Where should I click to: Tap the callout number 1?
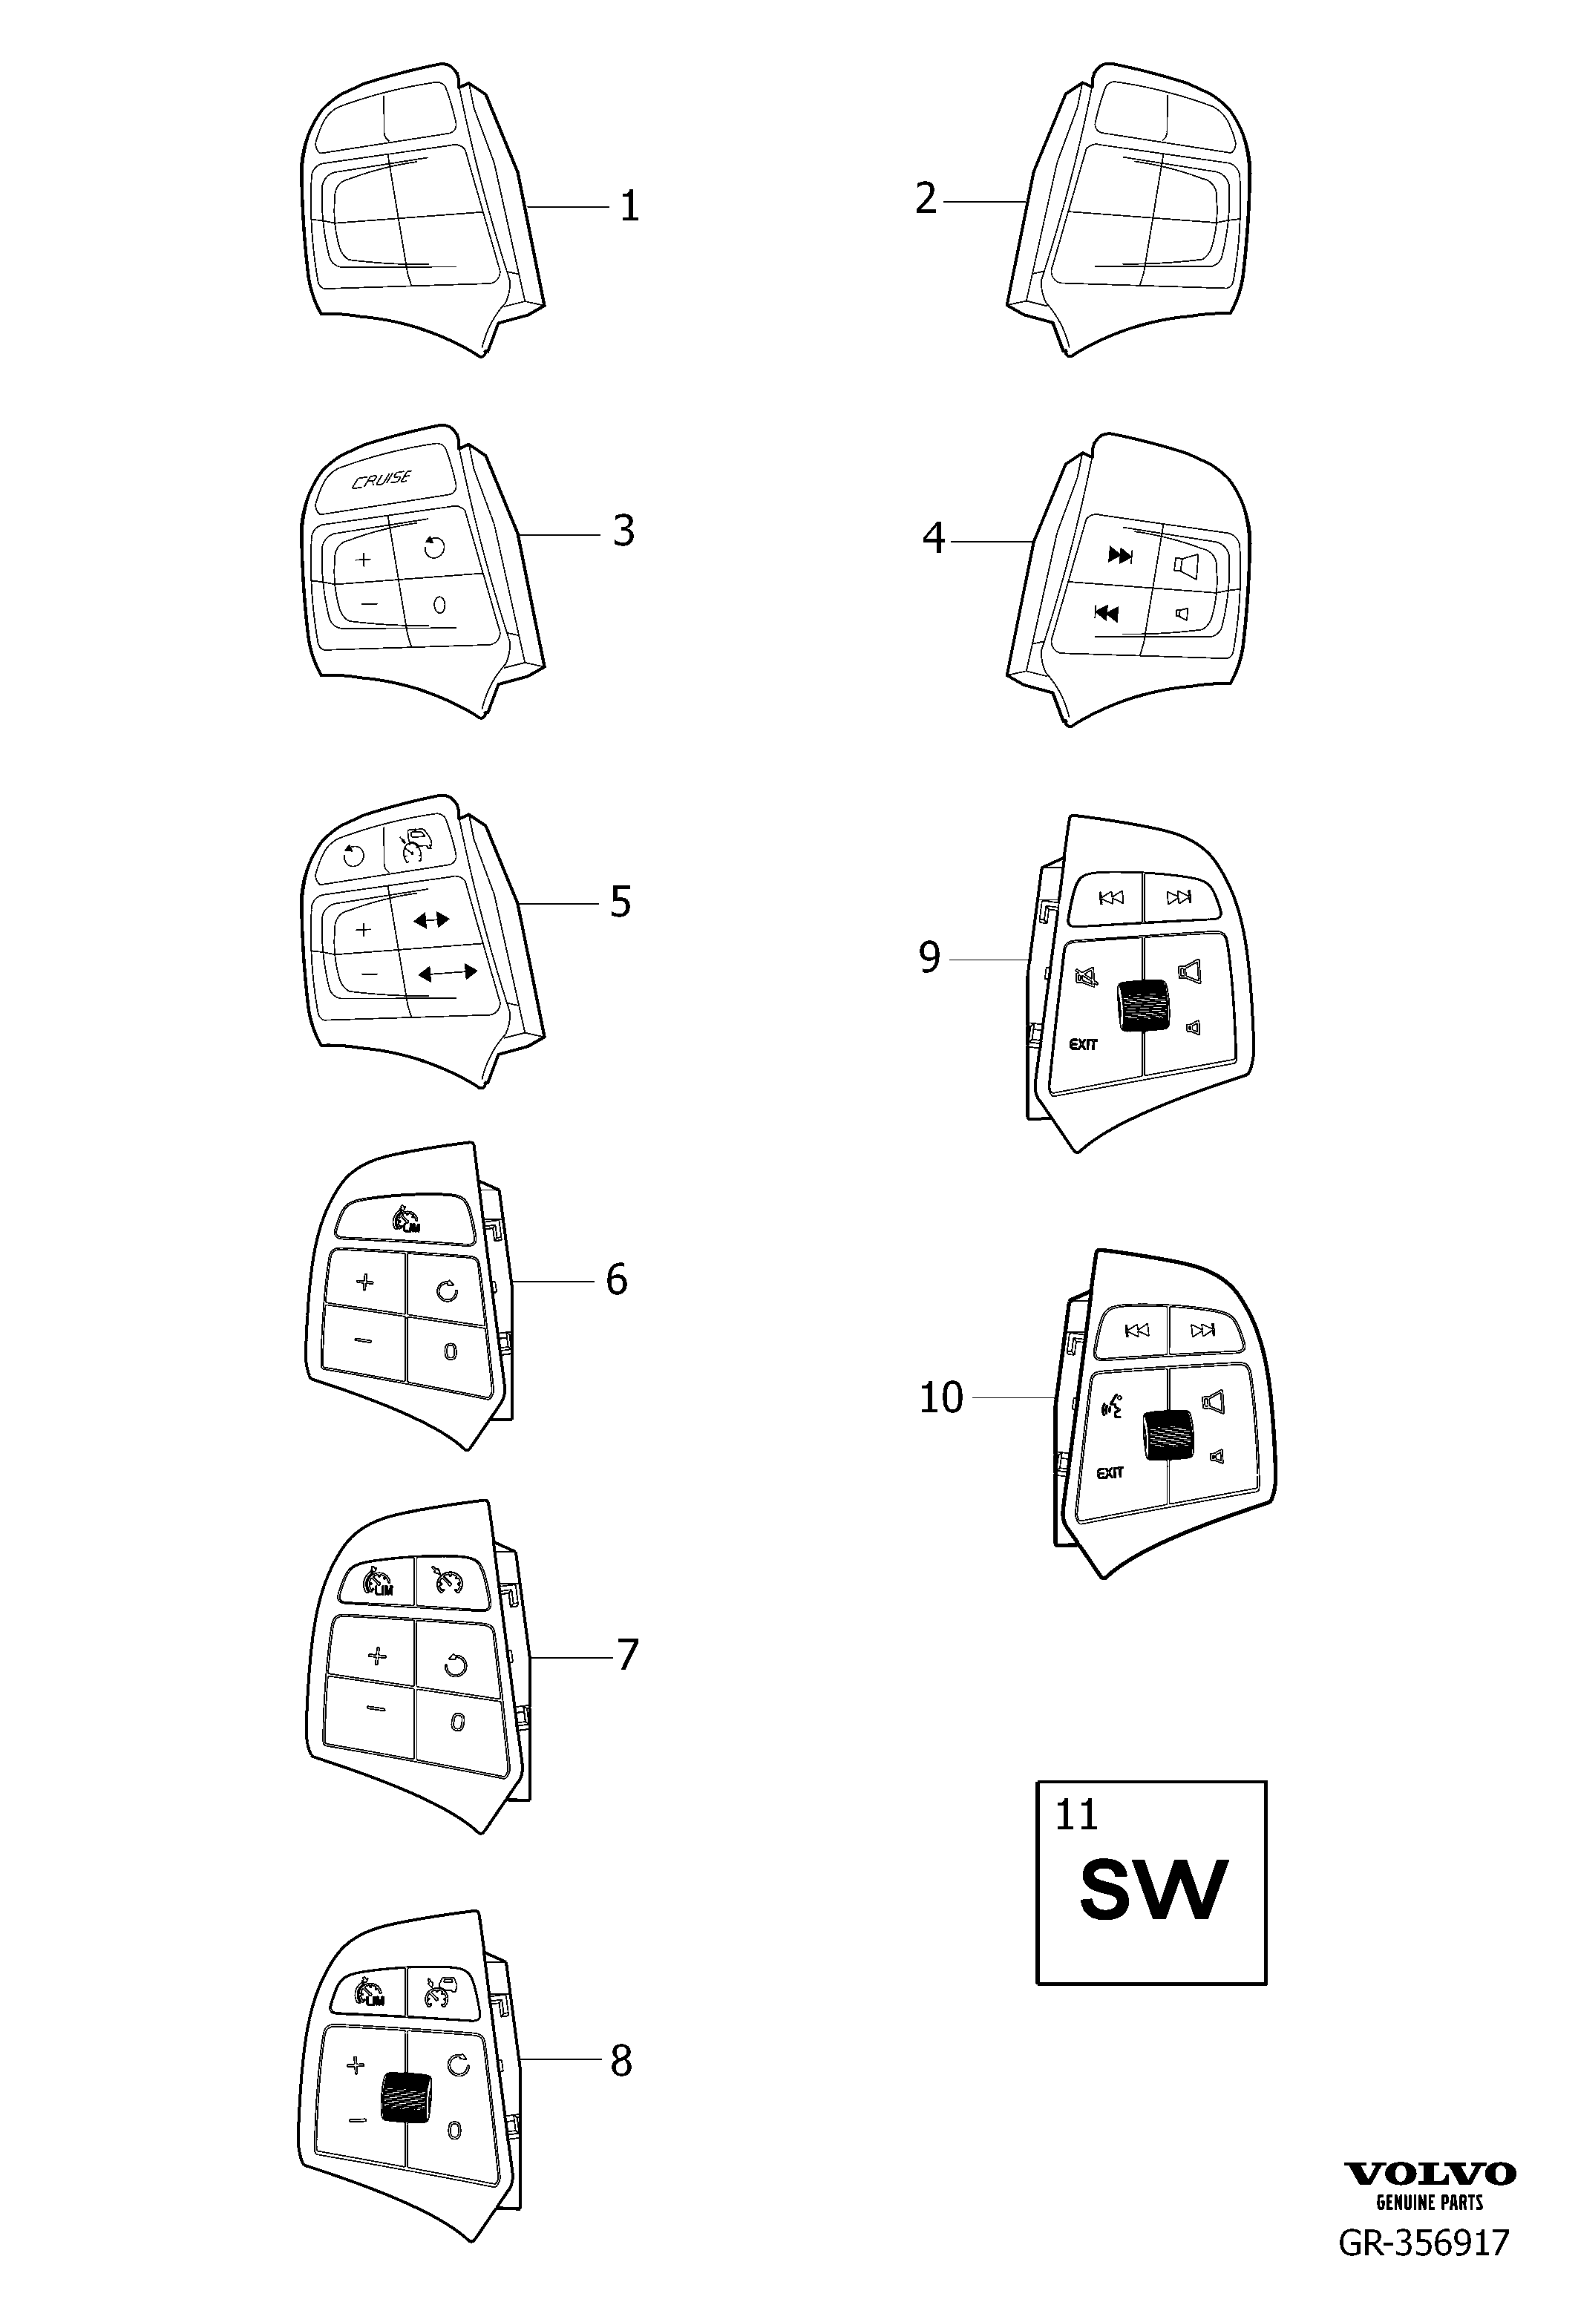[629, 206]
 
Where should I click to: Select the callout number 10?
[941, 1397]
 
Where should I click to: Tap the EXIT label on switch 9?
[1083, 1044]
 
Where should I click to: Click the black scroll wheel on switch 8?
[405, 2098]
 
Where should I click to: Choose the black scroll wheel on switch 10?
[1168, 1435]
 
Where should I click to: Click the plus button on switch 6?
[366, 1282]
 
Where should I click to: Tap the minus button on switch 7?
[374, 1708]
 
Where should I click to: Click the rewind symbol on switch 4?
[1106, 614]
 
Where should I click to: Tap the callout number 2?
[926, 200]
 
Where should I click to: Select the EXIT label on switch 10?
[1110, 1473]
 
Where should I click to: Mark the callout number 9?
[929, 958]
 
